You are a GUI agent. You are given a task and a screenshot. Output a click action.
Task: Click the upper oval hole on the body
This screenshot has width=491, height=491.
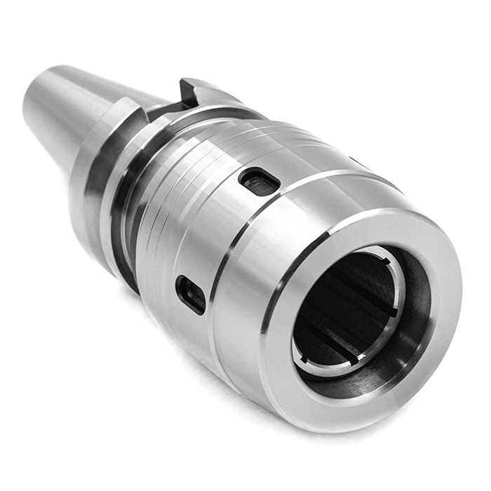(260, 182)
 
